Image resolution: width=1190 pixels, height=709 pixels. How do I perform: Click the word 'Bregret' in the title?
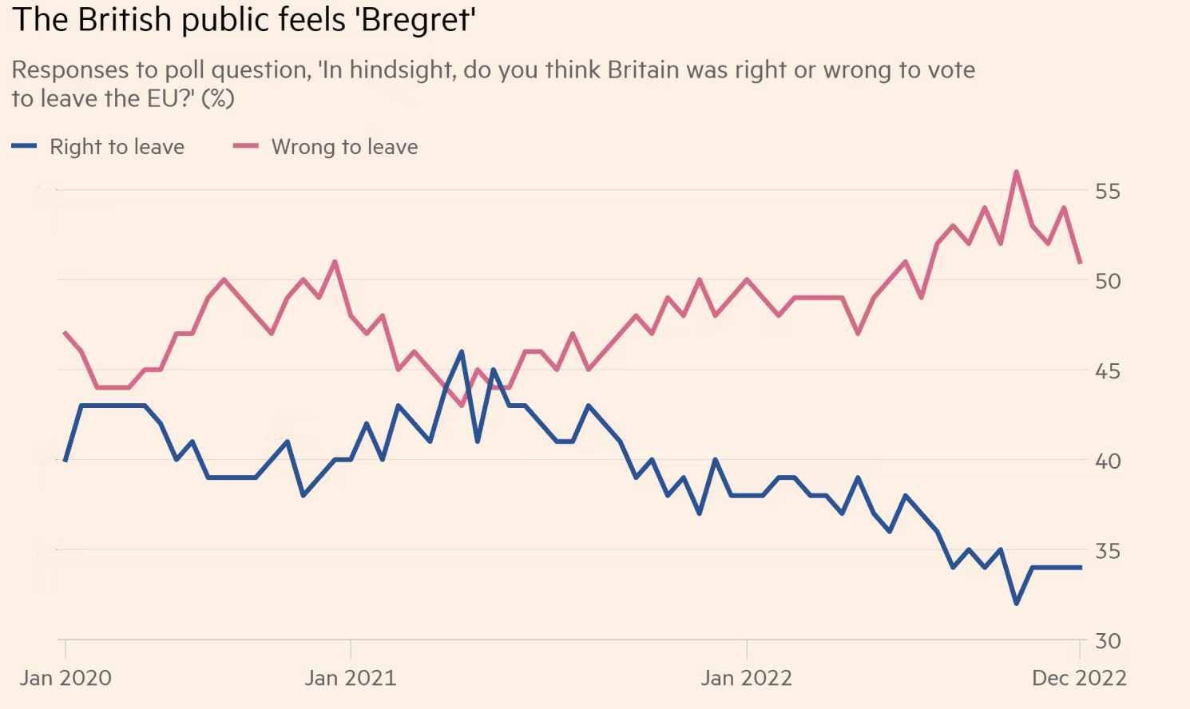(416, 19)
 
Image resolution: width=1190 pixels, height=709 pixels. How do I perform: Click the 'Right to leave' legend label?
(117, 147)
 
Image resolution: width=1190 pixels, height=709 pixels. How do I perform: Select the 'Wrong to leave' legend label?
(344, 147)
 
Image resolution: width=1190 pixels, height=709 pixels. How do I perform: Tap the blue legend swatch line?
(24, 146)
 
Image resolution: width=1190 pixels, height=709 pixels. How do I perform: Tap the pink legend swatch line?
(245, 146)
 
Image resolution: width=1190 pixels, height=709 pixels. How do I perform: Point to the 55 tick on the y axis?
(1108, 191)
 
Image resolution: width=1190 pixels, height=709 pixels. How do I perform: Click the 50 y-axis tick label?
(1108, 281)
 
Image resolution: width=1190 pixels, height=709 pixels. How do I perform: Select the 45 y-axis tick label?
(1108, 371)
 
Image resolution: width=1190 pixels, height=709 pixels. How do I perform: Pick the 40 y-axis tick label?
(1108, 461)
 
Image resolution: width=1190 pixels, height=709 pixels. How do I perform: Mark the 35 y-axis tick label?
(1108, 552)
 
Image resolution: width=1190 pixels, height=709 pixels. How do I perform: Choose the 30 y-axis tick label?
(1108, 641)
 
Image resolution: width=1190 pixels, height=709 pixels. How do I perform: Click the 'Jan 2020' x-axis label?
(65, 678)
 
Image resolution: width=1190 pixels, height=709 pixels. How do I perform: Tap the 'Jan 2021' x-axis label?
(351, 678)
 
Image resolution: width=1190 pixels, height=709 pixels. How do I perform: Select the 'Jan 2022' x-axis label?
(747, 678)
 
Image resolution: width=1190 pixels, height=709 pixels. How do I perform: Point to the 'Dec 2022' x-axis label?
(1079, 678)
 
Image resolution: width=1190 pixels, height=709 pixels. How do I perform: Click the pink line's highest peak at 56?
(1016, 172)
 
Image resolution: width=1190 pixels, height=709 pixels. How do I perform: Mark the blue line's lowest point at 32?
(1016, 604)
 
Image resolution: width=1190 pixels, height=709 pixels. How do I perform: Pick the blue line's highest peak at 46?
(462, 351)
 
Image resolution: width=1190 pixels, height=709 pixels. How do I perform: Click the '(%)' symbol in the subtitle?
(217, 99)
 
